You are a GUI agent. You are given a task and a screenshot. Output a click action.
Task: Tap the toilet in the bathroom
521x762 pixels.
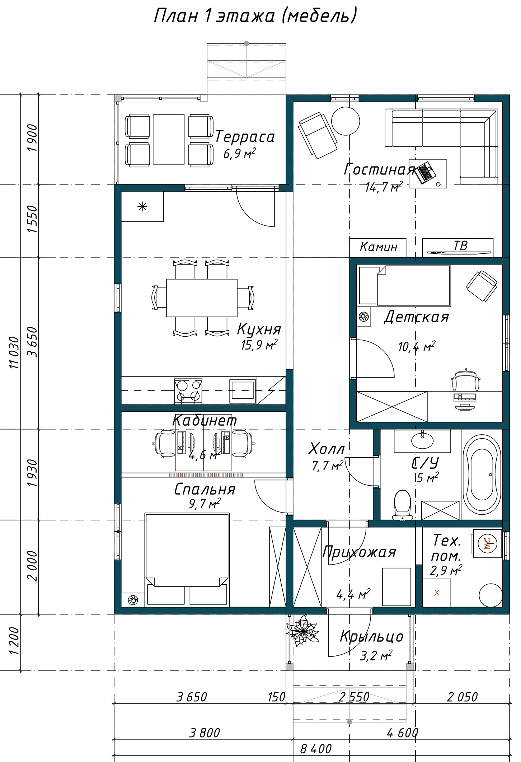pyautogui.click(x=402, y=504)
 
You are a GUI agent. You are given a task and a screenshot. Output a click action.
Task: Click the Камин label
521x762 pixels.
pyautogui.click(x=379, y=247)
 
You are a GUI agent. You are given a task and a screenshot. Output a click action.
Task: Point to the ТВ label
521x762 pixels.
pyautogui.click(x=460, y=246)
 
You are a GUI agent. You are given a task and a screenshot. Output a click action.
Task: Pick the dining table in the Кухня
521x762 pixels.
pyautogui.click(x=202, y=298)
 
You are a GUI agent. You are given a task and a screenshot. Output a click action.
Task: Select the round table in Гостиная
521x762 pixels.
pyautogui.click(x=345, y=121)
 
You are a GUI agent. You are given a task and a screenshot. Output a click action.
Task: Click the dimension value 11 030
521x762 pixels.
pyautogui.click(x=14, y=352)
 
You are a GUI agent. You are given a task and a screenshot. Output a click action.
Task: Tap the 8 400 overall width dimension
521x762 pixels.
pyautogui.click(x=316, y=749)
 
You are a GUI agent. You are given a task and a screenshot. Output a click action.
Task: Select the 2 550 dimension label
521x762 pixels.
pyautogui.click(x=354, y=697)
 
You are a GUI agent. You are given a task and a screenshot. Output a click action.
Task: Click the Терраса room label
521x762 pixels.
pyautogui.click(x=245, y=137)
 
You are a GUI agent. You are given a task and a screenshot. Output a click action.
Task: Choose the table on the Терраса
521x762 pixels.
pyautogui.click(x=169, y=139)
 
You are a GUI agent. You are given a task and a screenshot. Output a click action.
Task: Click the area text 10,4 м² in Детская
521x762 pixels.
pyautogui.click(x=417, y=347)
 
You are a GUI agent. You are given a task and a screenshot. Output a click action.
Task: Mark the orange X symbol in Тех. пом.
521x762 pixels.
pyautogui.click(x=437, y=593)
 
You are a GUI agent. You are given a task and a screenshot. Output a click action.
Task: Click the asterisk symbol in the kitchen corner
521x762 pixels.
pyautogui.click(x=142, y=206)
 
